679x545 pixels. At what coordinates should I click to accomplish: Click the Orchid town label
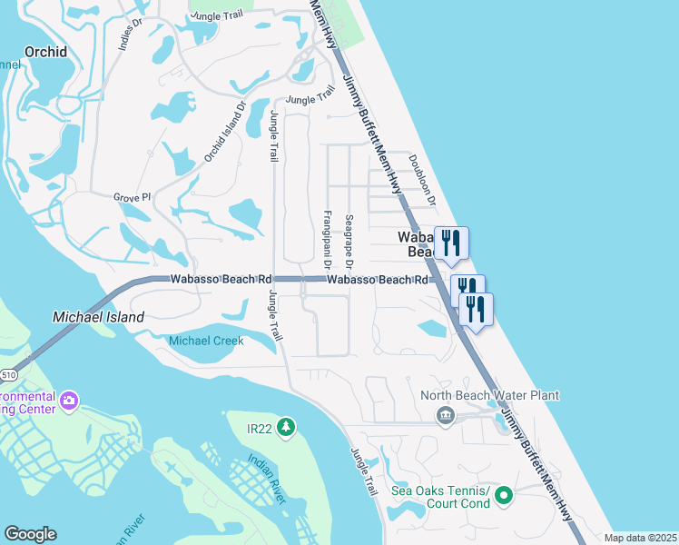tap(45, 52)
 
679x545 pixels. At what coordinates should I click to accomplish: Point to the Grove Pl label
tap(132, 197)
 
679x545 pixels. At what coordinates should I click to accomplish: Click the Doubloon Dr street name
tap(423, 180)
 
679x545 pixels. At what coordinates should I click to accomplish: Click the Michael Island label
tap(99, 317)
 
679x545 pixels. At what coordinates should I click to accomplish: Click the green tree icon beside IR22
tap(287, 426)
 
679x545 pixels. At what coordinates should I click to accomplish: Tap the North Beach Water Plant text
tap(489, 396)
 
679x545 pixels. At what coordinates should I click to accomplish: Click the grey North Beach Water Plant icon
tap(445, 416)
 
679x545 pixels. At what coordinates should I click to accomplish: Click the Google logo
tap(30, 534)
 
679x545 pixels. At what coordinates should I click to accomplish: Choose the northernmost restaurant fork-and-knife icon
tap(451, 243)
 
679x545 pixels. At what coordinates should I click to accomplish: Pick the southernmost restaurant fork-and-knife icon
tap(476, 310)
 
